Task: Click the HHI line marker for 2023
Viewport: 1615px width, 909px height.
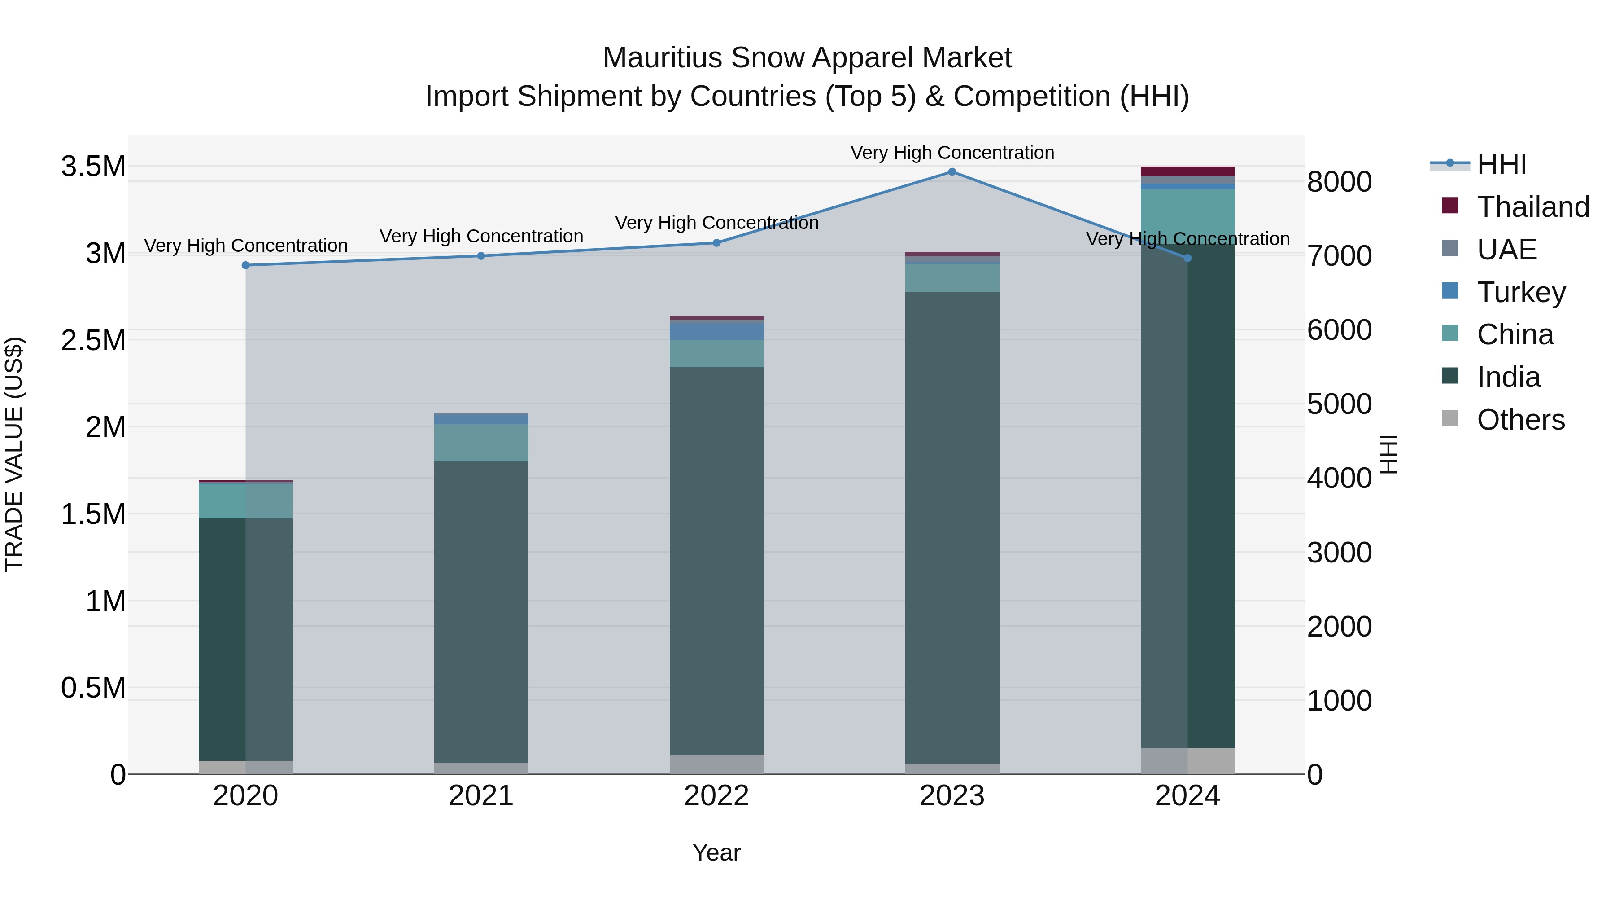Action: pyautogui.click(x=952, y=172)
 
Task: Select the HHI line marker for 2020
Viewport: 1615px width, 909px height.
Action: pyautogui.click(x=246, y=265)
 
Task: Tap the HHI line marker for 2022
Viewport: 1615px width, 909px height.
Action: pyautogui.click(x=716, y=243)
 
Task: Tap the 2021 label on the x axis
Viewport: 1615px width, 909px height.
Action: pyautogui.click(x=481, y=796)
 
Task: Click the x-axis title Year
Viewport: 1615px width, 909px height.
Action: pyautogui.click(x=716, y=852)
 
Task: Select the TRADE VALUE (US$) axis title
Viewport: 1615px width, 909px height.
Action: pyautogui.click(x=14, y=454)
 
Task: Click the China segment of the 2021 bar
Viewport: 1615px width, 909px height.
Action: pyautogui.click(x=481, y=443)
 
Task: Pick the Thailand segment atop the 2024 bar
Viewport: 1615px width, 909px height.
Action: pyautogui.click(x=1187, y=171)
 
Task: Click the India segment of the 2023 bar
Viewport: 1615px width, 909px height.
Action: pyautogui.click(x=952, y=527)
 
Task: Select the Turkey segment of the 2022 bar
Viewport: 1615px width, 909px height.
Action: pyautogui.click(x=716, y=330)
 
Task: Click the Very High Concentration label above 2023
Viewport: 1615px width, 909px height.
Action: pyautogui.click(x=952, y=153)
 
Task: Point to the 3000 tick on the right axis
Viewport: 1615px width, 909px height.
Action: pyautogui.click(x=1339, y=553)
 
